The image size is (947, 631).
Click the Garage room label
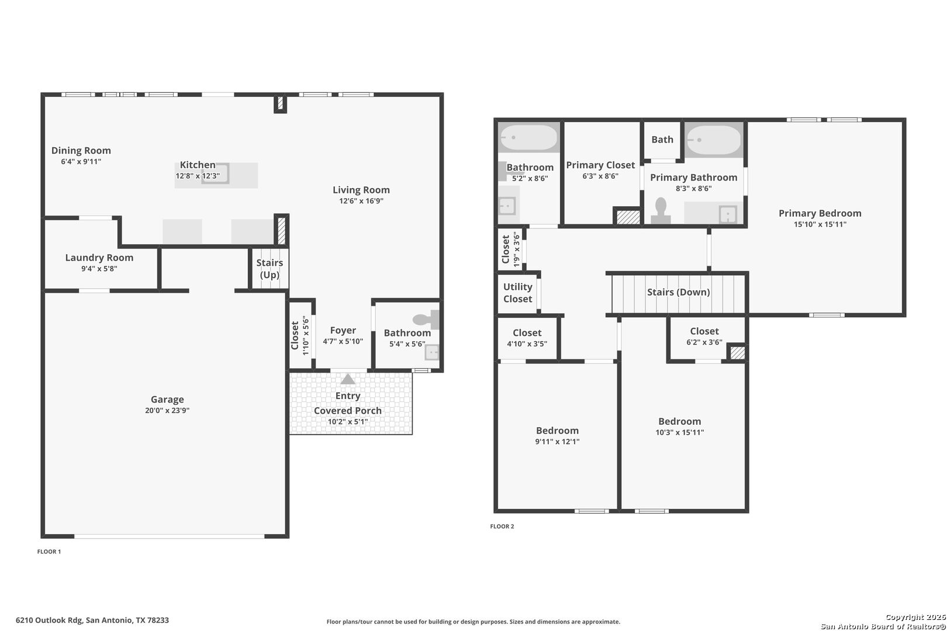[x=167, y=400]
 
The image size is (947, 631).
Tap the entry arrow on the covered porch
[x=348, y=379]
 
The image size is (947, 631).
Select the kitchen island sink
[x=216, y=174]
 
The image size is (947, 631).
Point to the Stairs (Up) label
[x=269, y=269]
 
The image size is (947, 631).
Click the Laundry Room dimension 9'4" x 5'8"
[x=99, y=269]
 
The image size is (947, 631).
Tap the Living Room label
[x=361, y=190]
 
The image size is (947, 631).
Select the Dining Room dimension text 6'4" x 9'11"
[x=81, y=161]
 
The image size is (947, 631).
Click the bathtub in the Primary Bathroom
[x=714, y=140]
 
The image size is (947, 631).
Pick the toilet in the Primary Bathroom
[x=661, y=210]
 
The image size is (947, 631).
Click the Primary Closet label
[x=600, y=165]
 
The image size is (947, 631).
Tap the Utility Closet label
[x=517, y=293]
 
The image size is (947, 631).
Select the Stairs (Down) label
[x=679, y=292]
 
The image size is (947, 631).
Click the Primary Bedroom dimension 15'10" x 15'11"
[x=820, y=224]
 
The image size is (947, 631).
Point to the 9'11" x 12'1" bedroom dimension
[x=557, y=442]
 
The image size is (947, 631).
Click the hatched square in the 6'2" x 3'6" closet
[x=737, y=353]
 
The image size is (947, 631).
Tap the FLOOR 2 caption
[x=502, y=526]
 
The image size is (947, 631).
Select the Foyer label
[x=343, y=331]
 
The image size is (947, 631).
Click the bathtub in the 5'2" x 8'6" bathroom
[x=528, y=137]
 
